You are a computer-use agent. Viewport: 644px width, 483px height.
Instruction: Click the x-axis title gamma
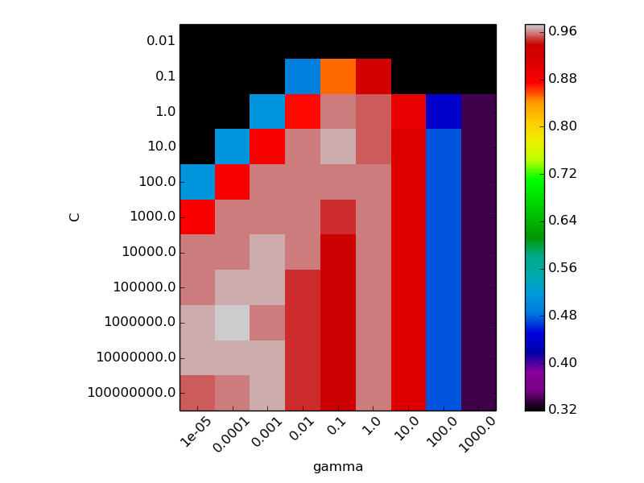[x=338, y=467]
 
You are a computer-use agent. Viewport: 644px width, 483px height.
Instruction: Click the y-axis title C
[x=75, y=217]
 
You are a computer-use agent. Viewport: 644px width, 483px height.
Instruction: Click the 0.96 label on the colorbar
[x=563, y=31]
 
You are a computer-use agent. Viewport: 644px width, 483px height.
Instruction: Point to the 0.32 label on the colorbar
[x=563, y=410]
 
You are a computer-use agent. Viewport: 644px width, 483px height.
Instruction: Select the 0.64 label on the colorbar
[x=563, y=221]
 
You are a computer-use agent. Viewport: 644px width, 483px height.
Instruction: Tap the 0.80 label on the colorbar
[x=563, y=126]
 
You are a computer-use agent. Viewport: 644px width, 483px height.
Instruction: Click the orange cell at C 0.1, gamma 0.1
[x=338, y=76]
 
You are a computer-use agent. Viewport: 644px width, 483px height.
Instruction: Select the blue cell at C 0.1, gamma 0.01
[x=303, y=76]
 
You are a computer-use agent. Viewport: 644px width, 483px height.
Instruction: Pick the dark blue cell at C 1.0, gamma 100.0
[x=444, y=111]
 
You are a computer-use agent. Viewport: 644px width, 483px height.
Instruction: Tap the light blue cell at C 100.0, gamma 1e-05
[x=197, y=182]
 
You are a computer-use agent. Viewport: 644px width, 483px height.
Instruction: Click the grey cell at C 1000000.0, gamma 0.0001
[x=233, y=322]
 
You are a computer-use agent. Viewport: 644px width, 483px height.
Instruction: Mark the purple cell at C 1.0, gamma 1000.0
[x=479, y=111]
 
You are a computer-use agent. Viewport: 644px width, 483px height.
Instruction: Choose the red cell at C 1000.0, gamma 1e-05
[x=197, y=217]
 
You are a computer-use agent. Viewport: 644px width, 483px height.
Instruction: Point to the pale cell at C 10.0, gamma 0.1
[x=338, y=147]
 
